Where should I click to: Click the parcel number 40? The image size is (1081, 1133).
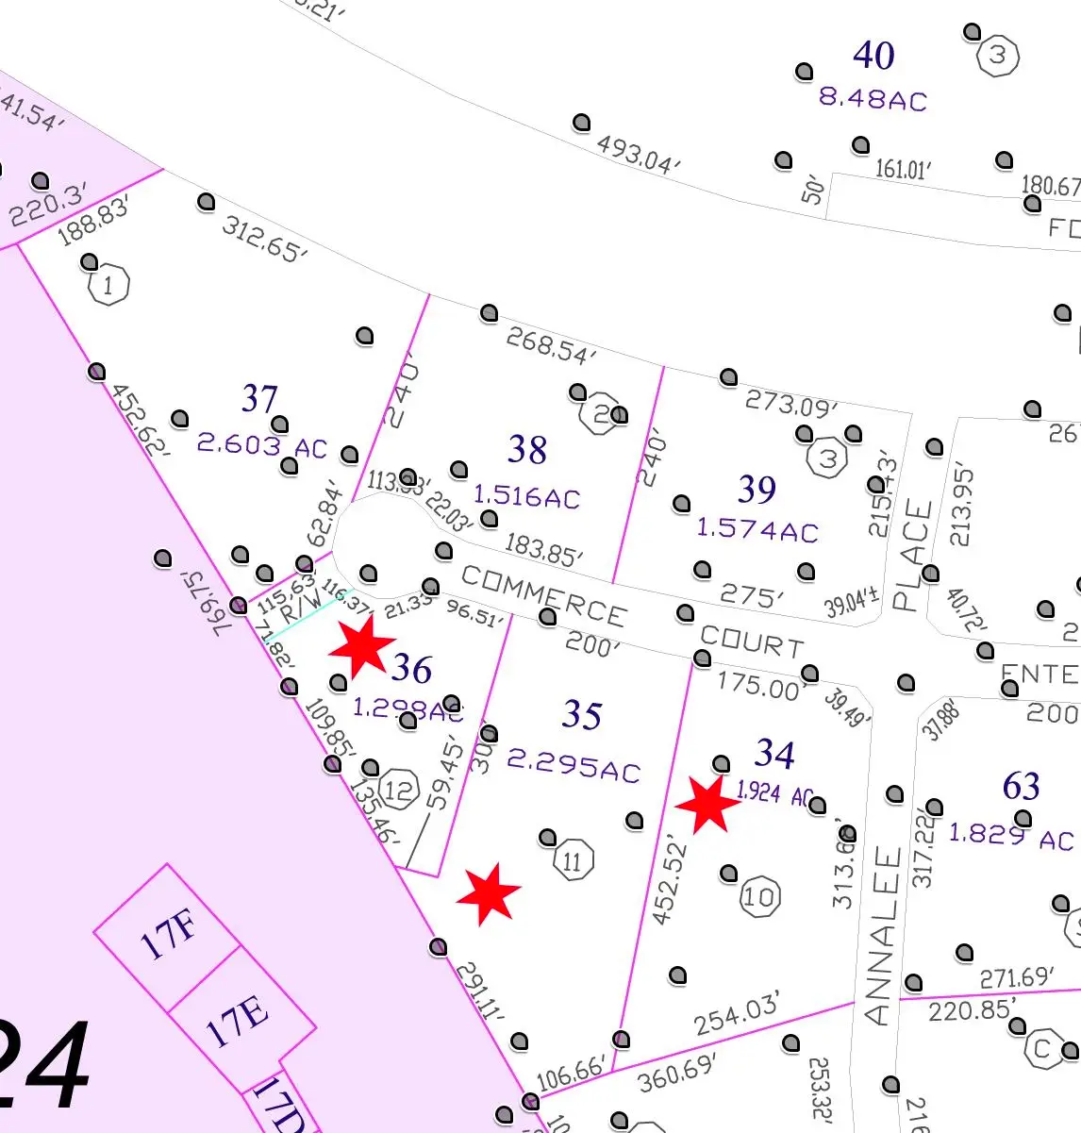click(x=873, y=56)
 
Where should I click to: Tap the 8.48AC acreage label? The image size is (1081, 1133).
click(x=873, y=99)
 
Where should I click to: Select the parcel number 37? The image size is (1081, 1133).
click(x=259, y=399)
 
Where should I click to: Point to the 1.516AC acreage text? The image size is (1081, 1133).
click(x=526, y=496)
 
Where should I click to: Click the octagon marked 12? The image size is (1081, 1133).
click(x=399, y=790)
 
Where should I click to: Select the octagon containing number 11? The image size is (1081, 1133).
click(x=573, y=861)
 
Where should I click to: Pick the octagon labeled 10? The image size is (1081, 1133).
click(x=759, y=896)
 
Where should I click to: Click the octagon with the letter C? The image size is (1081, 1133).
click(x=1041, y=1049)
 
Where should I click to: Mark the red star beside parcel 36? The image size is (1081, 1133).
click(x=361, y=647)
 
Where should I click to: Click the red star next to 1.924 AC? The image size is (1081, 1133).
click(x=707, y=805)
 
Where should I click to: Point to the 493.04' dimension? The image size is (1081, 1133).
click(x=638, y=154)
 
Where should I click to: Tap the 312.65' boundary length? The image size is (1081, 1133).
click(x=265, y=240)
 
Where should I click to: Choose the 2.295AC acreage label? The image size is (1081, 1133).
click(x=574, y=765)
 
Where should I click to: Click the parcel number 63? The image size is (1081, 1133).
click(x=1021, y=786)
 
